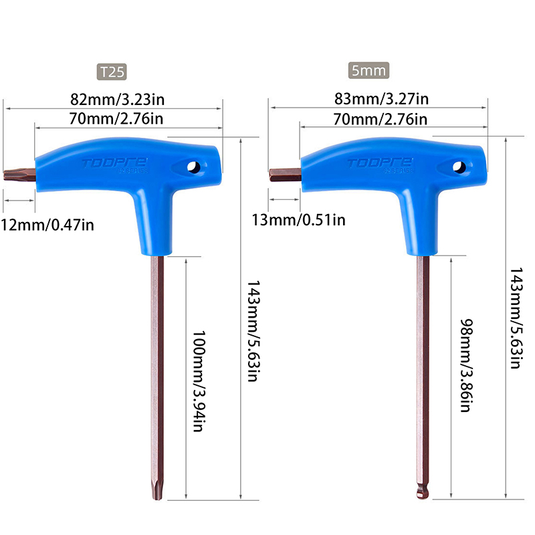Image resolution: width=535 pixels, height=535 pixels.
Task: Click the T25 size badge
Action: [112, 72]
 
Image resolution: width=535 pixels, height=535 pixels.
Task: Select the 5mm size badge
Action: [368, 71]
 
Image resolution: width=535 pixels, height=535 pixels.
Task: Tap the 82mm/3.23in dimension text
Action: [118, 100]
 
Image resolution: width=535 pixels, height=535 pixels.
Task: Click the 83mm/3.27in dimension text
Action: [381, 98]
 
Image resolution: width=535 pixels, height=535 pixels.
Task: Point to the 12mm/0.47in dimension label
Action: [47, 225]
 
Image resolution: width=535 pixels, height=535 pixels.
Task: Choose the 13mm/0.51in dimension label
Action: [298, 220]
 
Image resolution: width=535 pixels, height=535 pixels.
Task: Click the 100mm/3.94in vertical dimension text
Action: [199, 381]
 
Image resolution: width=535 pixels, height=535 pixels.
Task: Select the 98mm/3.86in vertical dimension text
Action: [466, 365]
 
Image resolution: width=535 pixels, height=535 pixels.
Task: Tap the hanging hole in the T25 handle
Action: [194, 167]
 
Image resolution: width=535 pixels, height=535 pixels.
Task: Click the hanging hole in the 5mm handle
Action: [459, 167]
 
